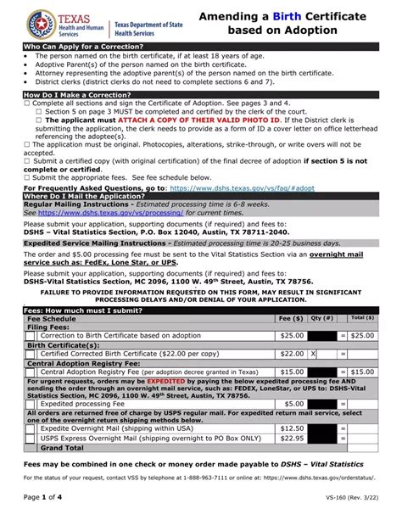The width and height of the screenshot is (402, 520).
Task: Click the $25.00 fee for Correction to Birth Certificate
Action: coord(291,335)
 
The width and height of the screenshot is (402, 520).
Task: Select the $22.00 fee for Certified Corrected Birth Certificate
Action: coord(291,354)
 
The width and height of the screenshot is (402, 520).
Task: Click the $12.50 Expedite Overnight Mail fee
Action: coord(291,428)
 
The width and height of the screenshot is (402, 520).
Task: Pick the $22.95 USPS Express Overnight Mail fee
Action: coord(291,438)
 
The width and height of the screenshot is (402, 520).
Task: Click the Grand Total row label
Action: coord(62,447)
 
